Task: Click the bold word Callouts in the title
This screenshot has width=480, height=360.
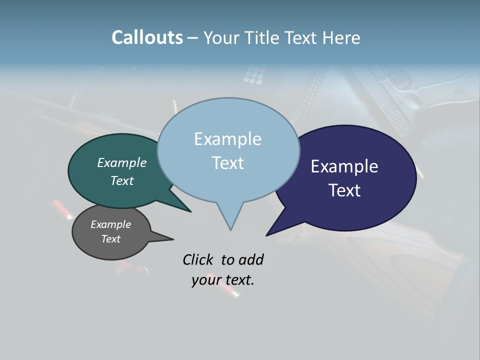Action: point(147,37)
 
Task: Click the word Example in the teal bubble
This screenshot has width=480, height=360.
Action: point(121,162)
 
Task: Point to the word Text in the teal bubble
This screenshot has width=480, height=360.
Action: point(121,180)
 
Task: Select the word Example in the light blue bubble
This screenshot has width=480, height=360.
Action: point(227,139)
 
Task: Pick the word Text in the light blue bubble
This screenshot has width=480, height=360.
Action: point(227,162)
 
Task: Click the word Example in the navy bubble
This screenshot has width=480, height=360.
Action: point(344,166)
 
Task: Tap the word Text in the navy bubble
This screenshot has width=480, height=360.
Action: point(344,190)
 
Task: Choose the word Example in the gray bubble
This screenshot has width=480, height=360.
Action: point(110,224)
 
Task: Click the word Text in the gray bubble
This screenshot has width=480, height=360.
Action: point(110,239)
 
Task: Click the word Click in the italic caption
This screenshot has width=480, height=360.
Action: point(198,259)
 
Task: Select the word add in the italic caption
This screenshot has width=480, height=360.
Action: point(251,259)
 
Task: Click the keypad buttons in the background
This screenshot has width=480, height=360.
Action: point(253,75)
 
